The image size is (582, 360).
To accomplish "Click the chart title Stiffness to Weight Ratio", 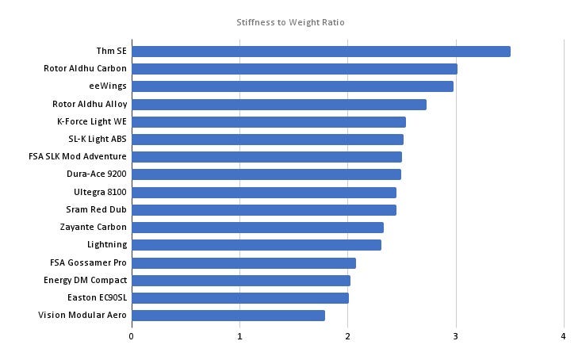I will pyautogui.click(x=290, y=22).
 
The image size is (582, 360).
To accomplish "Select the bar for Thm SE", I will pyautogui.click(x=320, y=52).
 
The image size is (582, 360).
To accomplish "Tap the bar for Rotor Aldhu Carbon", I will pyautogui.click(x=294, y=69).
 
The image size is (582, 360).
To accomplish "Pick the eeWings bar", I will pyautogui.click(x=292, y=86).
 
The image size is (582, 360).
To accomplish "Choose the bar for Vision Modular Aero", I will pyautogui.click(x=228, y=316).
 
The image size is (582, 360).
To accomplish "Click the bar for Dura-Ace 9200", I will pyautogui.click(x=266, y=174).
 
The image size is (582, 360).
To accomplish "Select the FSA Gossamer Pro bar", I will pyautogui.click(x=243, y=262).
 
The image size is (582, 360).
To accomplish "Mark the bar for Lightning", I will pyautogui.click(x=256, y=245).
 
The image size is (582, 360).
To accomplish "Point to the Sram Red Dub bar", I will pyautogui.click(x=264, y=210).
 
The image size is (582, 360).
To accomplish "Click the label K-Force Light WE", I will pyautogui.click(x=92, y=121).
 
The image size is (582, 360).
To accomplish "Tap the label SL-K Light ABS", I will pyautogui.click(x=98, y=139).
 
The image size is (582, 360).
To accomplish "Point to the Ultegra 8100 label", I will pyautogui.click(x=100, y=192).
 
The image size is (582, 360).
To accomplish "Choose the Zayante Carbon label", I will pyautogui.click(x=93, y=227).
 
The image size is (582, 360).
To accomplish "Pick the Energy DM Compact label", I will pyautogui.click(x=85, y=280).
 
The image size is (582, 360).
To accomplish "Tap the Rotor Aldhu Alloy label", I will pyautogui.click(x=90, y=104).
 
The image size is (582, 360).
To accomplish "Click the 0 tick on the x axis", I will pyautogui.click(x=132, y=336).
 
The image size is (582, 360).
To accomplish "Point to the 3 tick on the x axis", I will pyautogui.click(x=456, y=336).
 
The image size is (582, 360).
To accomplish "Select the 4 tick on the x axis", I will pyautogui.click(x=564, y=336).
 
